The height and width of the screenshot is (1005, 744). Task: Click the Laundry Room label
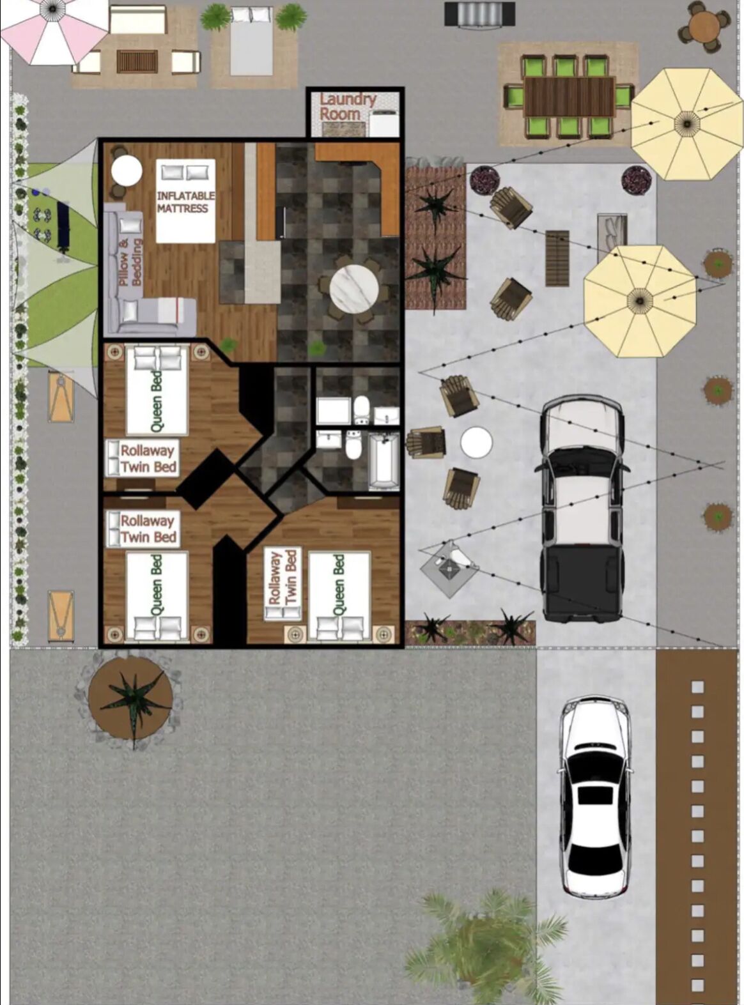348,107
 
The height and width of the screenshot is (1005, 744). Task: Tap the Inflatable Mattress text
185,202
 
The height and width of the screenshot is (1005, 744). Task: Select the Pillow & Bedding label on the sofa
130,263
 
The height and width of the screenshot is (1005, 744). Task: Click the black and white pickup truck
582,509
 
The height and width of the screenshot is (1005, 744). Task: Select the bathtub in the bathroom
384,461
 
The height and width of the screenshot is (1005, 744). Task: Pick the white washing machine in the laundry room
383,122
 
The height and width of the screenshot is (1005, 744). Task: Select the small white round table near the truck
476,443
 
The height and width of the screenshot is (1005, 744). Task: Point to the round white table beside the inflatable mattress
127,171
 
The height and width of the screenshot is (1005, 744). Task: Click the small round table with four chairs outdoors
706,26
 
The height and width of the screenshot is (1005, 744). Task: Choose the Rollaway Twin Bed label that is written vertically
282,578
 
